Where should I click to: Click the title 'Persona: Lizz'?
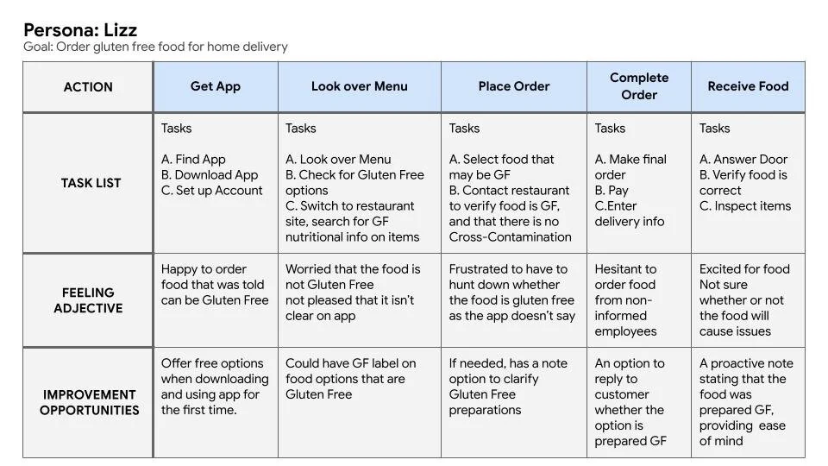[x=80, y=30]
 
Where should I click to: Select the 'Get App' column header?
[x=216, y=86]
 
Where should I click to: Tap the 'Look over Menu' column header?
[x=359, y=86]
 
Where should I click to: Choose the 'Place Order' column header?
[x=514, y=86]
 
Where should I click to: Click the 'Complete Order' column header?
[x=639, y=86]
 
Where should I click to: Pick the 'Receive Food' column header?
[x=748, y=86]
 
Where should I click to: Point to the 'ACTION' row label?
[x=88, y=87]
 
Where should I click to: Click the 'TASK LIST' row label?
[x=91, y=183]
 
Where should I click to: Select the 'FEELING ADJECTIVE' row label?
[x=88, y=300]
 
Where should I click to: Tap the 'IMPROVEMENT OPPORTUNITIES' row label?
[x=89, y=402]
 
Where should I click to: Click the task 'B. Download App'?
[x=210, y=175]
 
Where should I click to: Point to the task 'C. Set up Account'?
[x=212, y=191]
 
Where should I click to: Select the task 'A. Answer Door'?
[x=743, y=160]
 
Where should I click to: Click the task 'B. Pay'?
[x=612, y=191]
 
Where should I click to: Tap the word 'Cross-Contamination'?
[x=510, y=237]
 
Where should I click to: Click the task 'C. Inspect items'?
[x=745, y=206]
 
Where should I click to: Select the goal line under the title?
[x=155, y=47]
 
